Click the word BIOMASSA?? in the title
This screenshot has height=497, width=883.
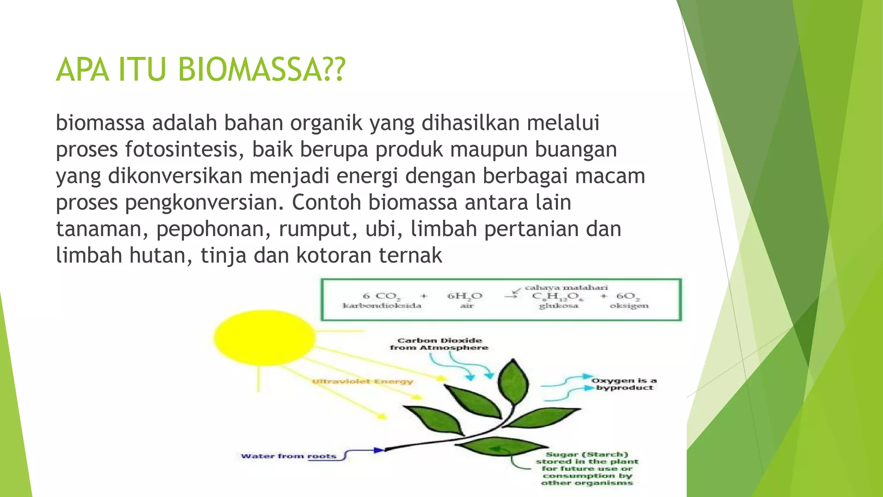point(261,69)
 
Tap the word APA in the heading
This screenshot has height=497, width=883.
point(82,69)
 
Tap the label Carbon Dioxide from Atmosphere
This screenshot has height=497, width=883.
point(439,344)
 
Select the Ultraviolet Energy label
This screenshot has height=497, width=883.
point(362,381)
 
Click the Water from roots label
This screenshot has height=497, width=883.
point(288,456)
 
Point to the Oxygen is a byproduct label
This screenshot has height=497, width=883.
point(624,384)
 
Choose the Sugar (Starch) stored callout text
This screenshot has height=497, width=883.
point(587,469)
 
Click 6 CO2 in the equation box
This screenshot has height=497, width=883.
point(382,296)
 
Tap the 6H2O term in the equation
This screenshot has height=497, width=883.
point(465,296)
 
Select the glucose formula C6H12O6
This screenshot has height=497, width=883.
point(557,296)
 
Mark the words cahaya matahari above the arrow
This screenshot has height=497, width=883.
point(566,287)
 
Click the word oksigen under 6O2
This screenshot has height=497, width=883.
point(629,306)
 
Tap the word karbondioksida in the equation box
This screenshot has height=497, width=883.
point(382,306)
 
